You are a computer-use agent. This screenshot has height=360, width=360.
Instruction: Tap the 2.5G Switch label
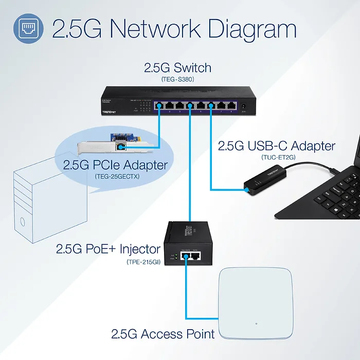[x=177, y=68]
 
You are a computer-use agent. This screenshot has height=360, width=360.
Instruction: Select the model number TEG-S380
[x=177, y=80]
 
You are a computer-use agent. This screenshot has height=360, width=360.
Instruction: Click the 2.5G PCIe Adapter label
[x=115, y=165]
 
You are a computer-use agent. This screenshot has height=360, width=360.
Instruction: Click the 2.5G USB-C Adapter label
[x=277, y=146]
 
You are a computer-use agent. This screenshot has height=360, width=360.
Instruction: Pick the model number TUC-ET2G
[x=277, y=157]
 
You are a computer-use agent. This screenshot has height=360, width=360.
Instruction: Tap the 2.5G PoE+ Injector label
[x=108, y=249]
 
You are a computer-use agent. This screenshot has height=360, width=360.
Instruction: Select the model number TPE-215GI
[x=143, y=262]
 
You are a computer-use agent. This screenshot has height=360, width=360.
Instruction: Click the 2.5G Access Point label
[x=163, y=334]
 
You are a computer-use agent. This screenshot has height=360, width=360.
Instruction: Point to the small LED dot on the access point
[x=256, y=325]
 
